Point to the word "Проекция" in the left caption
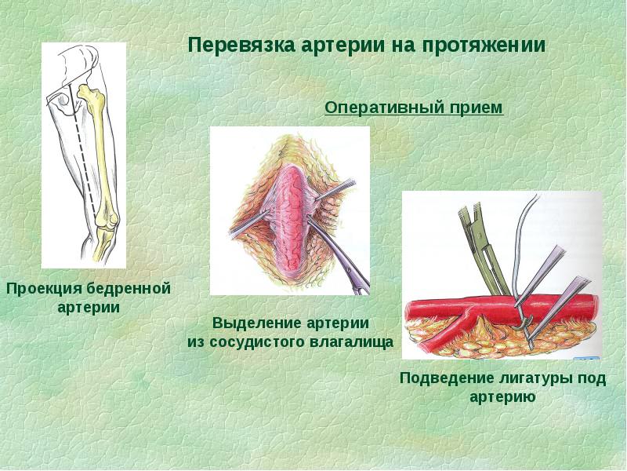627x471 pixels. [42, 290]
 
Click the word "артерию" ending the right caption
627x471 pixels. [502, 397]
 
